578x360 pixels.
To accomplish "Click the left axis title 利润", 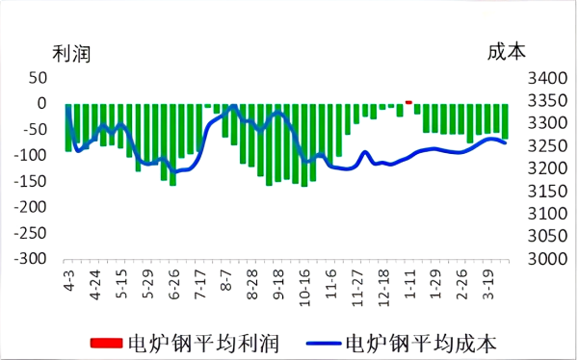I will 70,54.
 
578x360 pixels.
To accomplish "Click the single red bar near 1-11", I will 408,101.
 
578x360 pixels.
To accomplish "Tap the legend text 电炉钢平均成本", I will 421,342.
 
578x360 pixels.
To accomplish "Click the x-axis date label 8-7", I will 227,275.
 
